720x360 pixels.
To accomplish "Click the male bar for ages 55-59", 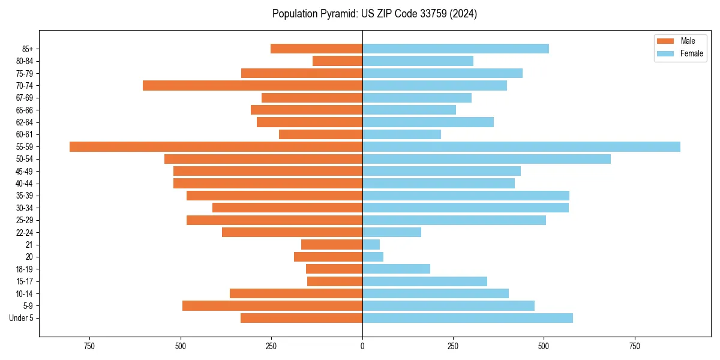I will pos(216,146).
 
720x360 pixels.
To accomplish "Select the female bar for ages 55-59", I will pos(521,146).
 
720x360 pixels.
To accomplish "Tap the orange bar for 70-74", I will pos(253,85).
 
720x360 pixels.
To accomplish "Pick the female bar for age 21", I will pos(371,244).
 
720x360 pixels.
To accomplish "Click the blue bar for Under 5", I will pos(467,318).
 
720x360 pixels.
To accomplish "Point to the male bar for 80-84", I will pos(337,61).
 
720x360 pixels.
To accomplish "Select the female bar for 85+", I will pos(455,49).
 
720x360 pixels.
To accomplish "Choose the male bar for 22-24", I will pos(292,232).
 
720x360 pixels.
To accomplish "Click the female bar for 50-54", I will pos(486,159).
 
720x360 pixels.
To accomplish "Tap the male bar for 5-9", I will pos(272,305).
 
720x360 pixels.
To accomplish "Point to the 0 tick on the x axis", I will pos(362,346).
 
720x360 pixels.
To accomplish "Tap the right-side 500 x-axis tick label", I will pos(544,346).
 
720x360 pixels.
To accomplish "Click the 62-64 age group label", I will pos(25,122).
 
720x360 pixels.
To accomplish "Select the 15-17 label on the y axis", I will pos(25,281).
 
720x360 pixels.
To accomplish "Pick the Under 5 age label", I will pos(22,318).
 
